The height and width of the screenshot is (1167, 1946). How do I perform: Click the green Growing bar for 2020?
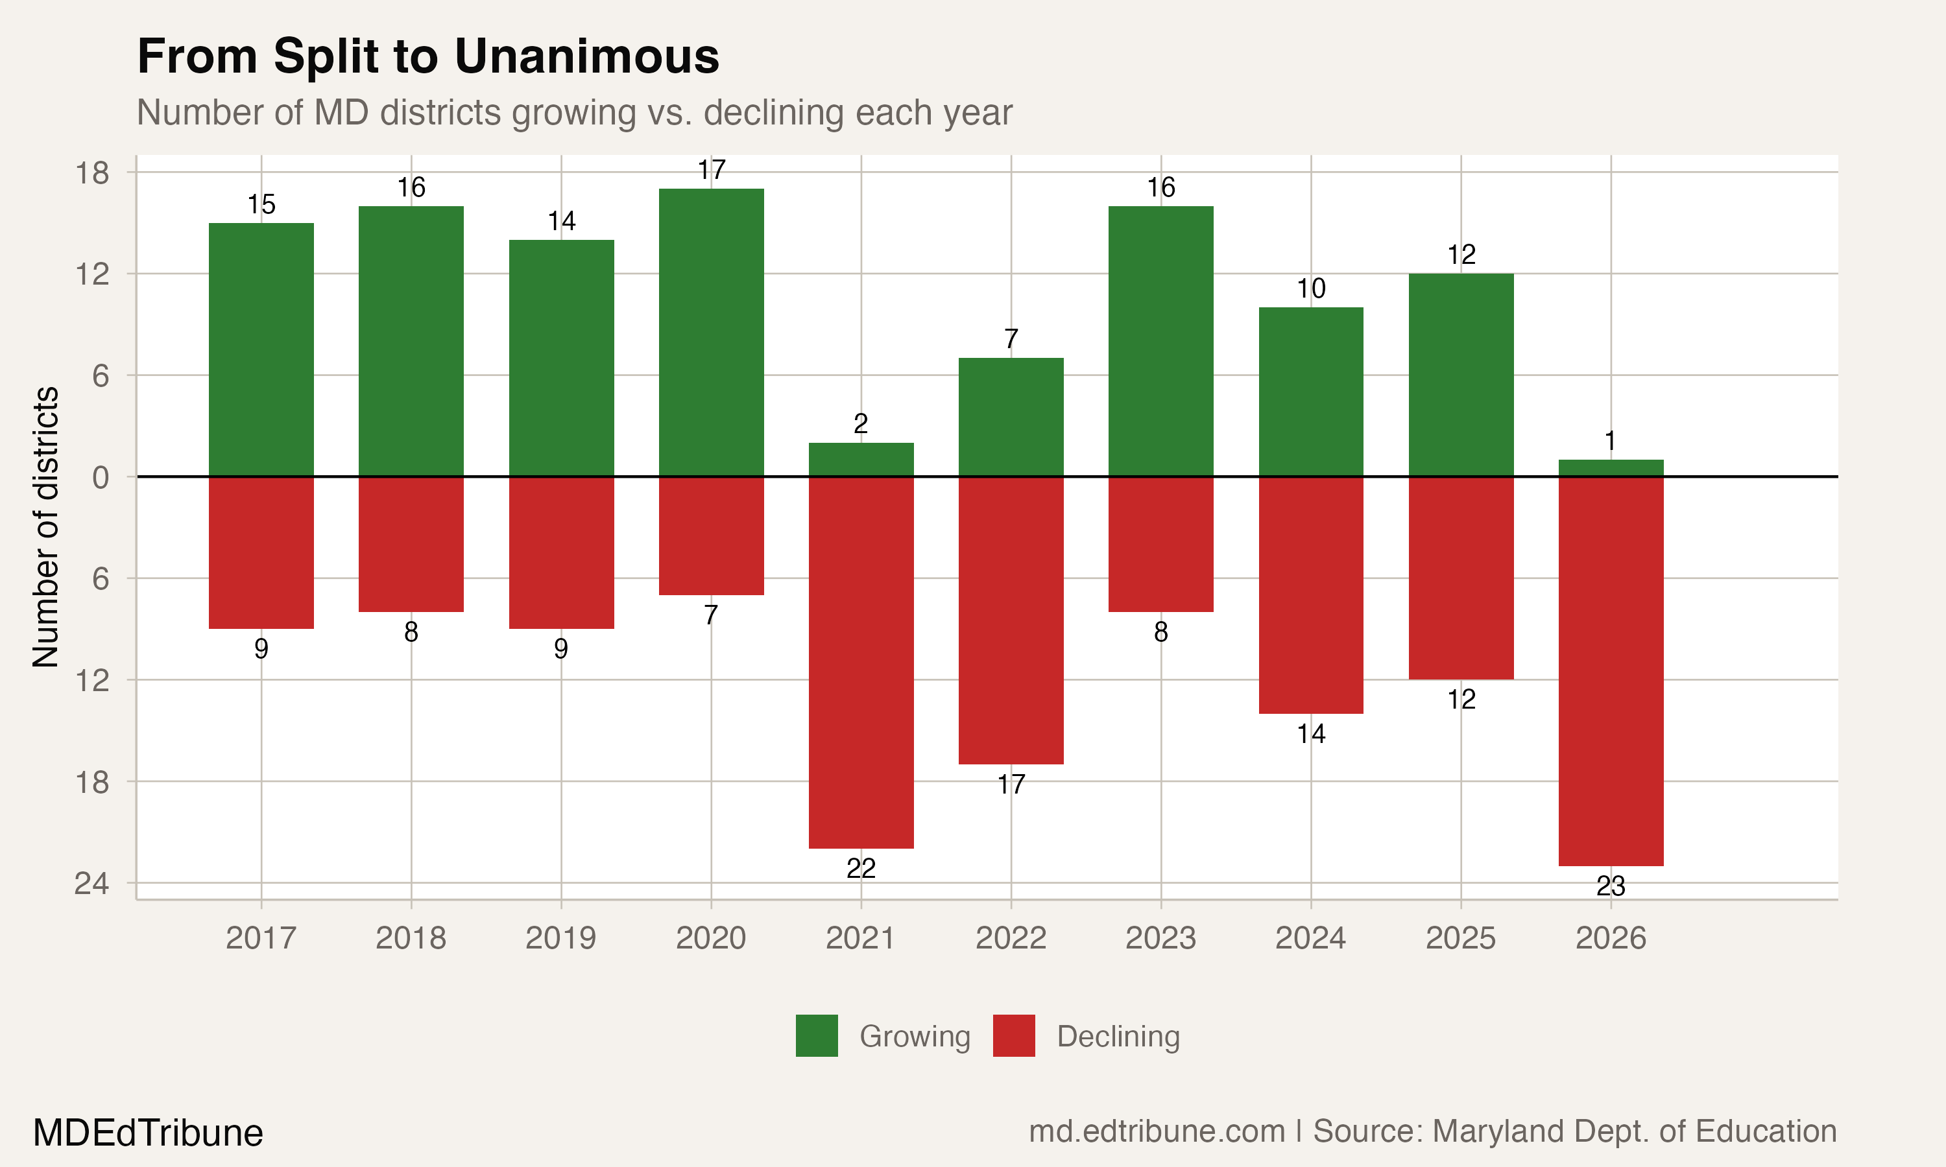[711, 332]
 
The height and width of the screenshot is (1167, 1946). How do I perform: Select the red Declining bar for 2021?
[861, 662]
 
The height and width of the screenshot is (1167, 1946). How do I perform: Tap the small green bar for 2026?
[1610, 468]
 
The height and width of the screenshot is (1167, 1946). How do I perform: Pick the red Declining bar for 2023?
[1160, 544]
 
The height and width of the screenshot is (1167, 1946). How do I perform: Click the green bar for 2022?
[1011, 417]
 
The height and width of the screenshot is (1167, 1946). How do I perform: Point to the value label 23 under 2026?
[1610, 886]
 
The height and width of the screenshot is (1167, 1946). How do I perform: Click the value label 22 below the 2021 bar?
[861, 868]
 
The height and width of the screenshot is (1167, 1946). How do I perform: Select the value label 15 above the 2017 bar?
[261, 204]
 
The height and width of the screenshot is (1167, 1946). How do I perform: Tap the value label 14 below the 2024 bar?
[1310, 734]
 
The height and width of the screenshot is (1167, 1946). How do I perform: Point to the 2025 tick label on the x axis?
[1460, 938]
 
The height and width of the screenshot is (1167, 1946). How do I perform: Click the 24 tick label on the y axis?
[92, 884]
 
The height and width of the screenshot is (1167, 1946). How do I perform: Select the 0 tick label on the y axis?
[101, 477]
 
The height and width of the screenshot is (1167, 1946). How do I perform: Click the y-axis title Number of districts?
[45, 527]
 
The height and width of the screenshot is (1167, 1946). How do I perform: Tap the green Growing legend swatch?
[817, 1035]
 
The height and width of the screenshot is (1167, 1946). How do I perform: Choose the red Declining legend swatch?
[1013, 1035]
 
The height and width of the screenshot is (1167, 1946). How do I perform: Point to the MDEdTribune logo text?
[148, 1133]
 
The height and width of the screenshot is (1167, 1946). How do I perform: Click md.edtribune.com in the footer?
[1157, 1131]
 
